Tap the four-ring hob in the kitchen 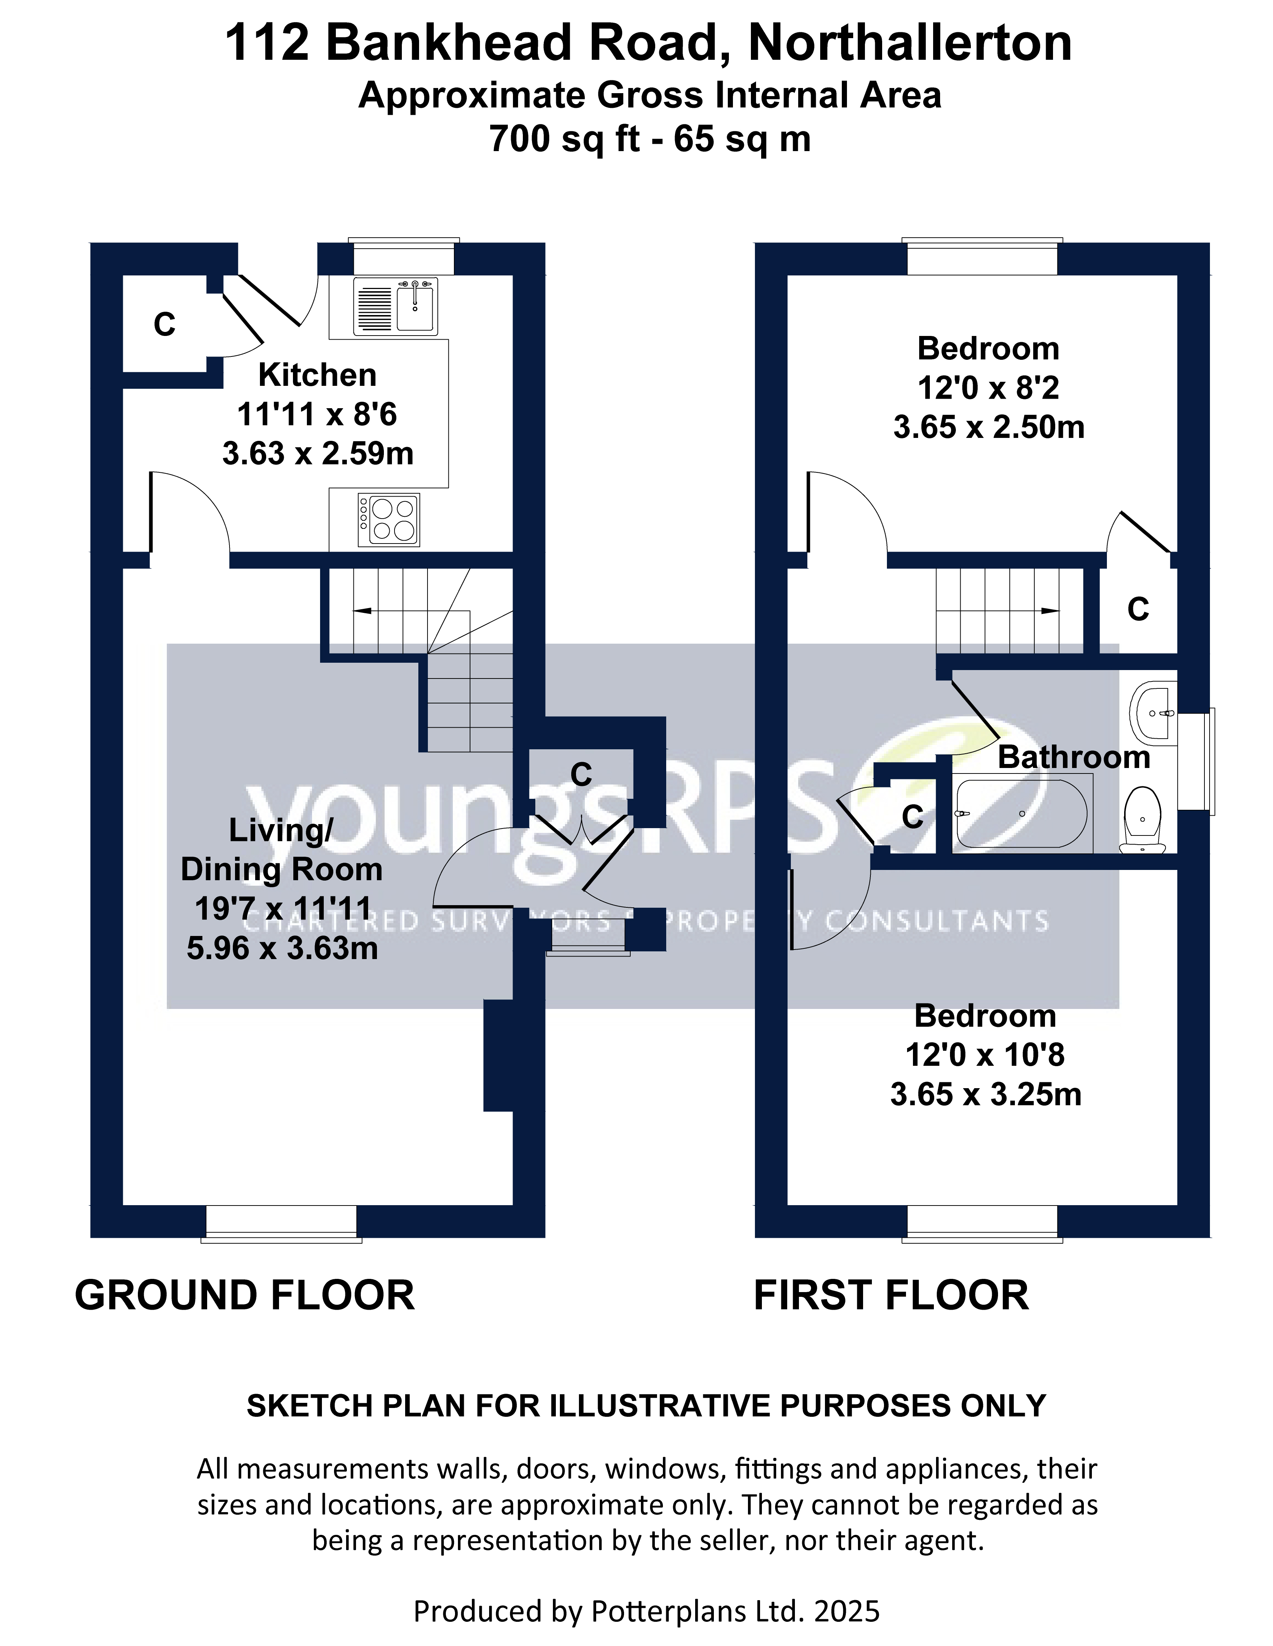(389, 520)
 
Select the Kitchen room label (317, 374)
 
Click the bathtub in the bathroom (1021, 814)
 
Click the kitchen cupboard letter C (164, 325)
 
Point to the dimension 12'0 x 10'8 (984, 1055)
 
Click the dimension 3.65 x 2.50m (988, 427)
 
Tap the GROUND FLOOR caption (245, 1295)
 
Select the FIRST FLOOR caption (891, 1295)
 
